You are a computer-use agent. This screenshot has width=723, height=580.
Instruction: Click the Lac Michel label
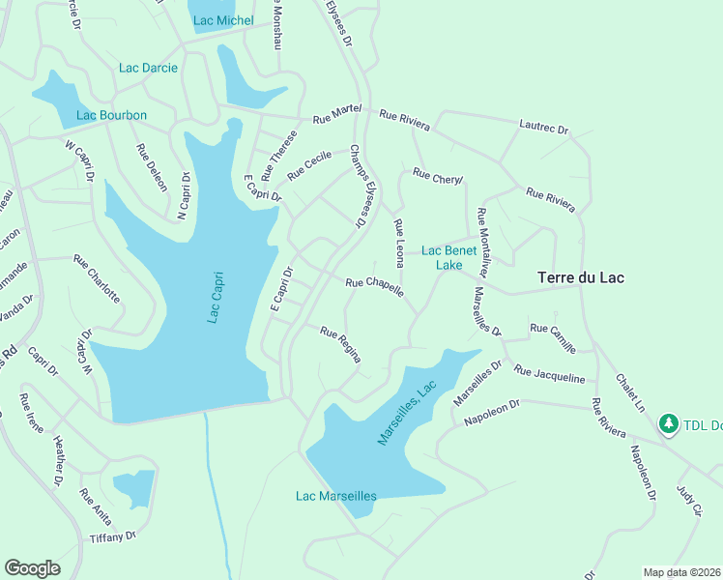222,20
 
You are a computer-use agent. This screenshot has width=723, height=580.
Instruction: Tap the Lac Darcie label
149,68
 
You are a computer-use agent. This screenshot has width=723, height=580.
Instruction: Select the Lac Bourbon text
111,116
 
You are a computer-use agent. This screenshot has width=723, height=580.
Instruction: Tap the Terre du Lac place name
580,277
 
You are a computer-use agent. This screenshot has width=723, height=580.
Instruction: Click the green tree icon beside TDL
668,423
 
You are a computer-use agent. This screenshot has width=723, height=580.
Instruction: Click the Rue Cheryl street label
438,177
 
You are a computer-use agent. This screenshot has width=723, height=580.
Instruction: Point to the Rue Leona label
399,243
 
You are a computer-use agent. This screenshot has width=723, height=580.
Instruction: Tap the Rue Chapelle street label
374,286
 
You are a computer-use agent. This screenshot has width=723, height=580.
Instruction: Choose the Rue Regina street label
341,344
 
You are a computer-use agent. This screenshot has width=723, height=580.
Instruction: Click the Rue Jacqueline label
549,374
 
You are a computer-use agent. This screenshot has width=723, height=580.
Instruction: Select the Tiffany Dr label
113,536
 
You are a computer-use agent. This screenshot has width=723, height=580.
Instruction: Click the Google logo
32,567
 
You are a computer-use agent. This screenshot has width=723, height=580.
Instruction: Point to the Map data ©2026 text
681,572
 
